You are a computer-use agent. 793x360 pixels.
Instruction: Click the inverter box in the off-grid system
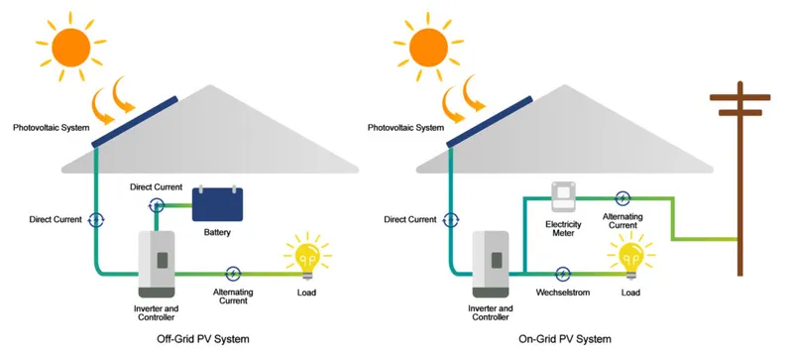[x=155, y=264]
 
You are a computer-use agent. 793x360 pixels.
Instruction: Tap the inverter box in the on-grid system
[x=493, y=264]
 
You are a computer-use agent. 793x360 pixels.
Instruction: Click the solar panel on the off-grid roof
[x=136, y=121]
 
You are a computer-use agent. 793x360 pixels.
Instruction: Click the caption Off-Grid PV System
[x=196, y=339]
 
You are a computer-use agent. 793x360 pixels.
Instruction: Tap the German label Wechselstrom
[x=563, y=294]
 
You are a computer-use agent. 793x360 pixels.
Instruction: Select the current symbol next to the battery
[x=156, y=205]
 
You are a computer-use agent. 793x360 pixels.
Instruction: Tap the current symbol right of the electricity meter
[x=622, y=198]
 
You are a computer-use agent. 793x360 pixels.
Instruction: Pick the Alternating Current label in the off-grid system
[x=233, y=296]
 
